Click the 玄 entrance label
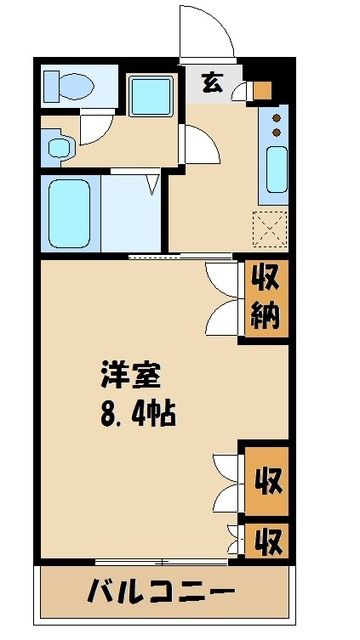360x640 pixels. tap(214, 83)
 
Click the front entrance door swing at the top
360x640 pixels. tap(205, 30)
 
